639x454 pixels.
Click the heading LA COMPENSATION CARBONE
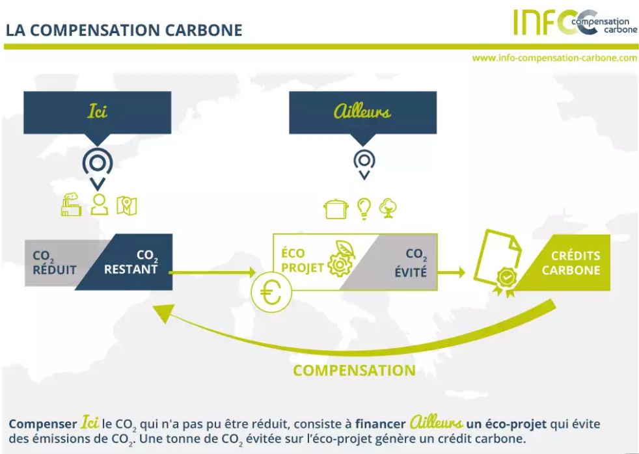(x=124, y=31)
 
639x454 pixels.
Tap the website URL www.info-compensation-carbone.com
(x=554, y=58)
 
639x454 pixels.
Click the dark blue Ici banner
(x=97, y=112)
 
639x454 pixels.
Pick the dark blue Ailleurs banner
(x=362, y=112)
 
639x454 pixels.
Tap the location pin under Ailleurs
(x=364, y=163)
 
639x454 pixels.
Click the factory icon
(x=71, y=204)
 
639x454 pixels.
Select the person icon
(x=99, y=204)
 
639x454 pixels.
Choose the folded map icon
(x=127, y=205)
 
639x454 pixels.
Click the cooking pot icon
(x=336, y=208)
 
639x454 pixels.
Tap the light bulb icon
(x=365, y=207)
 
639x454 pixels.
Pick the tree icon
(x=388, y=207)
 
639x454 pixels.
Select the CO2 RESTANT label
(x=141, y=262)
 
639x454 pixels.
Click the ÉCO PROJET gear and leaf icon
(x=340, y=258)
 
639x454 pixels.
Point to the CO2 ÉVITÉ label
(x=410, y=263)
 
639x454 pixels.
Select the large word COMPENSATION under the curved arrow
(x=354, y=370)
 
